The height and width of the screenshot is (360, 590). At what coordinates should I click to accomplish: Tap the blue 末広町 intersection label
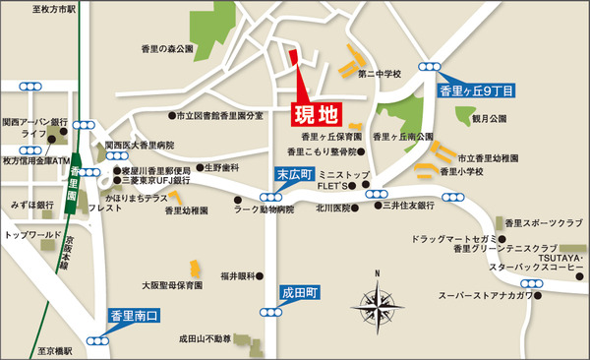point(291,175)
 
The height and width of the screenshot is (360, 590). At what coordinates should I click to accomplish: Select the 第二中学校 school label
point(382,73)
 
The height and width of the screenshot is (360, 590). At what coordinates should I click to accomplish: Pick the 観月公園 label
point(489,118)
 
